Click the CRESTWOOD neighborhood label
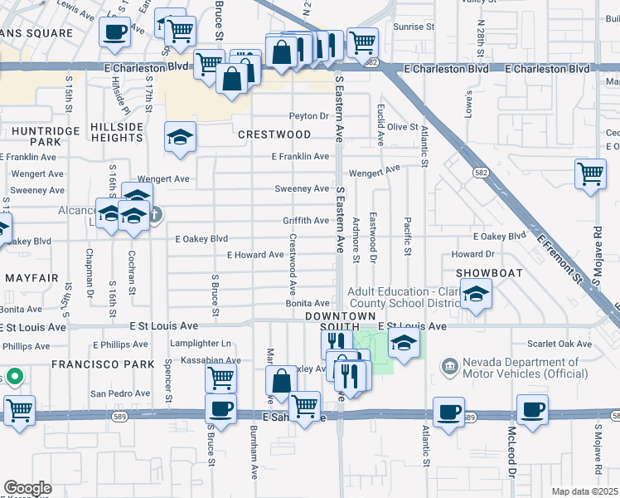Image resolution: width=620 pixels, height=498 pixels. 274,134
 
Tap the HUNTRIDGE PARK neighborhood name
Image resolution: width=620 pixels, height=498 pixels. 31,134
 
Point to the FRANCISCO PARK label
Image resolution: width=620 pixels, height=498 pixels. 103,364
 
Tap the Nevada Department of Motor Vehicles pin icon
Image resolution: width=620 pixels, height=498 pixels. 448,365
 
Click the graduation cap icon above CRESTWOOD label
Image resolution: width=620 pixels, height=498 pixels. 180,137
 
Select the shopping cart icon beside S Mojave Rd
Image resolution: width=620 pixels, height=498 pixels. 589,174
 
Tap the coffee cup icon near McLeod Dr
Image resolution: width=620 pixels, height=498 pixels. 531,409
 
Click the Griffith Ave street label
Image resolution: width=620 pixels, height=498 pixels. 306,221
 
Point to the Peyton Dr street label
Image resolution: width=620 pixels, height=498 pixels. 309,116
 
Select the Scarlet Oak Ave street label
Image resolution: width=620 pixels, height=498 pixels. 557,344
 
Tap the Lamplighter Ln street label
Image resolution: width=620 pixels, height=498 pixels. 201,344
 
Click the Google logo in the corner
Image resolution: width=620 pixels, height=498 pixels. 27,488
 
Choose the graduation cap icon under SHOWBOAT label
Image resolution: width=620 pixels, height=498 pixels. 476,295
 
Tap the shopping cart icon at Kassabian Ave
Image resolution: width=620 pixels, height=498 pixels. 220,378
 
